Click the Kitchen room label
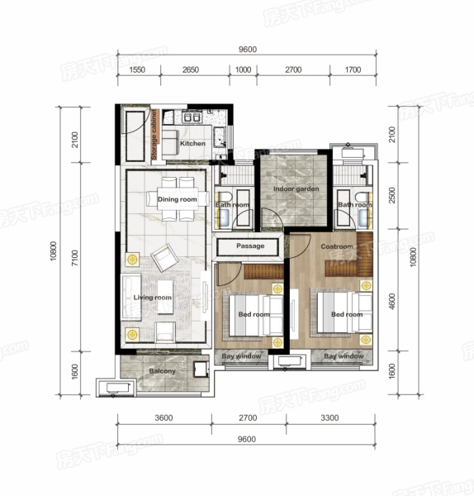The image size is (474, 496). point(192,143)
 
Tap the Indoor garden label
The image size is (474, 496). point(296,188)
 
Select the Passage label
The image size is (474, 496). point(250,246)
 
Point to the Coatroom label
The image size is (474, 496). point(337,246)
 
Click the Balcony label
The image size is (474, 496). point(162,371)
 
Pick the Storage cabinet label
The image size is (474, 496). point(154,135)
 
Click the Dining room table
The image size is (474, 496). point(178,198)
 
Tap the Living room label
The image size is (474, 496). point(152,298)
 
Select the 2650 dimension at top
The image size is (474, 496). point(191,69)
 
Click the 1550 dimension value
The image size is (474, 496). point(137,69)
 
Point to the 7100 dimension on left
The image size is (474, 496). point(74,258)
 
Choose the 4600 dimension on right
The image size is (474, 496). point(392,302)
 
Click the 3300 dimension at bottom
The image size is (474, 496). point(329,417)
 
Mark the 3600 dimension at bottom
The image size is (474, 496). point(164,417)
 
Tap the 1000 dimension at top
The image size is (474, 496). point(243,69)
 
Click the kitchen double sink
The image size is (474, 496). point(192,117)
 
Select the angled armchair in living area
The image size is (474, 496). point(164,257)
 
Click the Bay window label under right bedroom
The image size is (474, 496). point(344,356)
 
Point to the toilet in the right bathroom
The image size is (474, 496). point(361,197)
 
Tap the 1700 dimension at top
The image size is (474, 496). point(353,69)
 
